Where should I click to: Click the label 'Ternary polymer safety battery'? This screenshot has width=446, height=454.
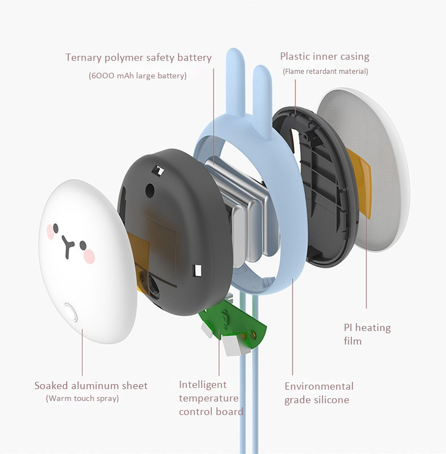click(x=138, y=58)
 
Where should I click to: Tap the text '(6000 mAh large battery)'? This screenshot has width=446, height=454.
click(x=138, y=76)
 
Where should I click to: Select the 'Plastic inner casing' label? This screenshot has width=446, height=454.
click(x=325, y=56)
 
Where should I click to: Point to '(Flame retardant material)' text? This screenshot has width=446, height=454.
click(x=325, y=71)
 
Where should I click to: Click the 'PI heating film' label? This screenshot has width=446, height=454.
click(x=367, y=334)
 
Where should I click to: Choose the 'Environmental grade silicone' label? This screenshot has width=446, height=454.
click(x=319, y=393)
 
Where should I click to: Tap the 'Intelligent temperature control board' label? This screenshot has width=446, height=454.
click(x=211, y=398)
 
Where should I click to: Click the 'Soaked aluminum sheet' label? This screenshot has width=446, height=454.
click(x=91, y=386)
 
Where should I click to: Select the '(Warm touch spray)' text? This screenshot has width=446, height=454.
click(x=82, y=398)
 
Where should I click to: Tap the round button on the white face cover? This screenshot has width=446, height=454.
click(x=70, y=312)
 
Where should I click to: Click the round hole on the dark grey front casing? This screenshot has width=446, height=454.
click(x=150, y=190)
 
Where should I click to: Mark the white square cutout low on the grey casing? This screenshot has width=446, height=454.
click(x=198, y=270)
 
